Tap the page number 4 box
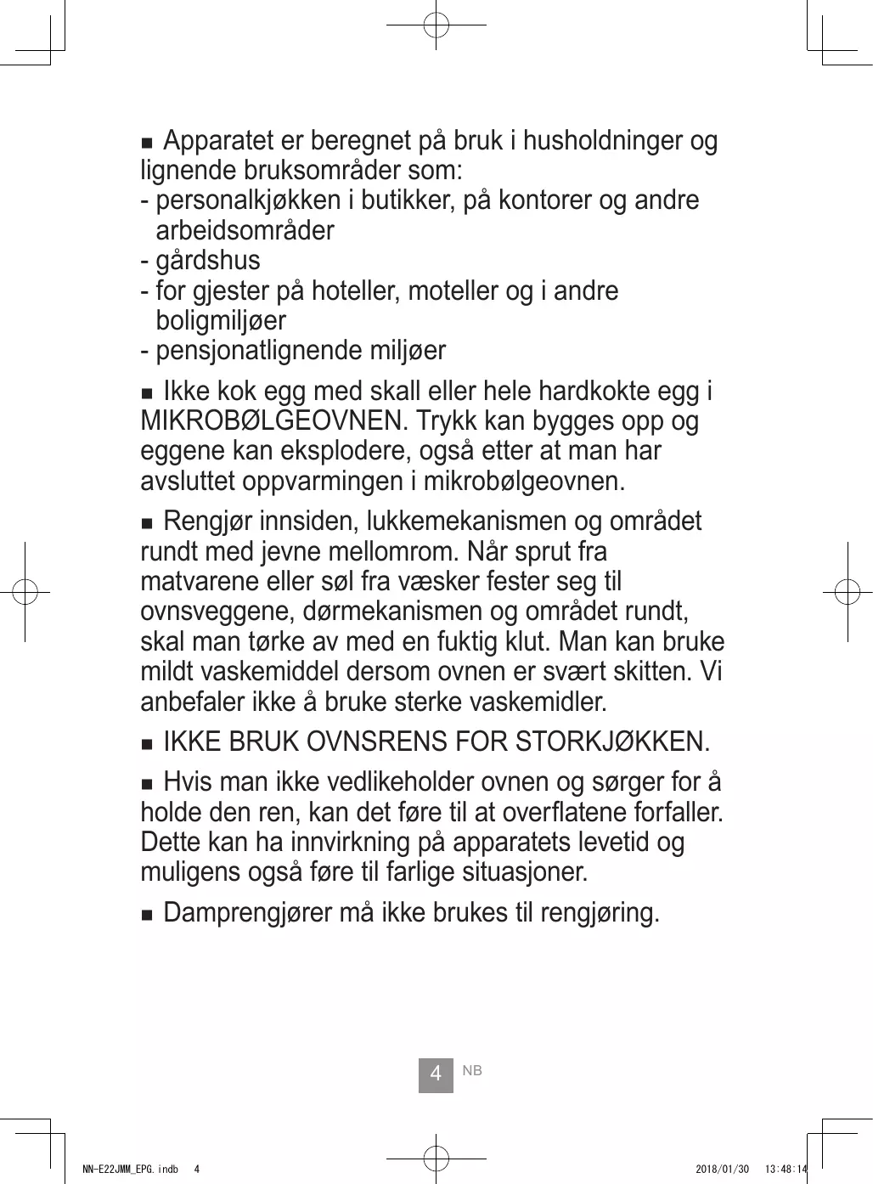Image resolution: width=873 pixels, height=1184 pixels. pyautogui.click(x=436, y=1074)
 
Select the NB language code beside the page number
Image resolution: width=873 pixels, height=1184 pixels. pyautogui.click(x=472, y=1071)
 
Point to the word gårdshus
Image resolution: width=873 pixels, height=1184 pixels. pyautogui.click(x=208, y=261)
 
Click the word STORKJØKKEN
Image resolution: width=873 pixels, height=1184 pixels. pyautogui.click(x=611, y=742)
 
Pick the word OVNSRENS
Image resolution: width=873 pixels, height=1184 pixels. pyautogui.click(x=376, y=742)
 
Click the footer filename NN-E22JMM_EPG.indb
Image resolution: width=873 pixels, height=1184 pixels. pyautogui.click(x=130, y=1170)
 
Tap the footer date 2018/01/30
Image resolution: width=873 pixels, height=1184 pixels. pyautogui.click(x=722, y=1170)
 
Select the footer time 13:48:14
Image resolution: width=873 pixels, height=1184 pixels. pyautogui.click(x=786, y=1170)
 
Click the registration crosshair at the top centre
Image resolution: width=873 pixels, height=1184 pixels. pyautogui.click(x=436, y=25)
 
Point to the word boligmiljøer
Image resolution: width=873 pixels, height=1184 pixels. pyautogui.click(x=221, y=321)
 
